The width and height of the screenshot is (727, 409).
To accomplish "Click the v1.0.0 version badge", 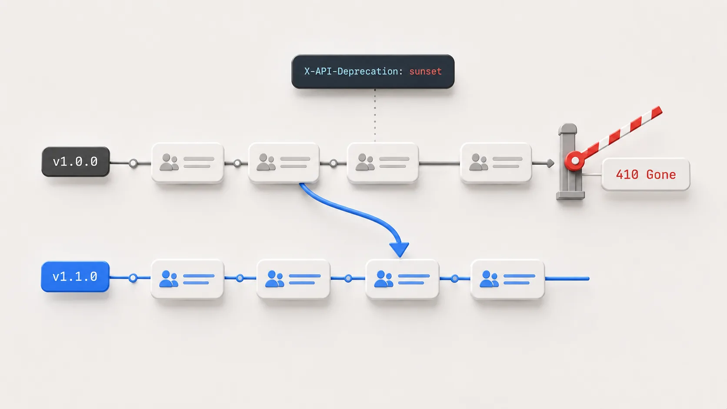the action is pyautogui.click(x=76, y=162).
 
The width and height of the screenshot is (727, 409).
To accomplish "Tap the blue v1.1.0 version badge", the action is pyautogui.click(x=75, y=276).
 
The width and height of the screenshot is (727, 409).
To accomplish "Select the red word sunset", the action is pyautogui.click(x=425, y=71).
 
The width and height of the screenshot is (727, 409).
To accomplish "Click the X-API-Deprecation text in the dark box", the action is pyautogui.click(x=353, y=71).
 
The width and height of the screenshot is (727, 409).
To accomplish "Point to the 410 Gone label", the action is pyautogui.click(x=646, y=174).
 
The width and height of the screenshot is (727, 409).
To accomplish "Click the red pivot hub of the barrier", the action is pyautogui.click(x=575, y=160).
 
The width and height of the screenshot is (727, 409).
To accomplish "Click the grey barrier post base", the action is pyautogui.click(x=570, y=195).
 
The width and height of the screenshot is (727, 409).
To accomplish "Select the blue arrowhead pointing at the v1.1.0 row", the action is pyautogui.click(x=399, y=249).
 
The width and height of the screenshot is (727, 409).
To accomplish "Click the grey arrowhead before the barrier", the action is pyautogui.click(x=550, y=163).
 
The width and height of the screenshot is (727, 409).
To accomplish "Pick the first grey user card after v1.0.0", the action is pyautogui.click(x=187, y=163).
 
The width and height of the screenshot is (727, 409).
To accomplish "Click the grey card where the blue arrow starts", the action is pyautogui.click(x=283, y=163).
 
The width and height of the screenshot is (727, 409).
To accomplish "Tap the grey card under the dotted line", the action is pyautogui.click(x=383, y=163).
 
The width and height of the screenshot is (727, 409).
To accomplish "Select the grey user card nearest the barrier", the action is pyautogui.click(x=496, y=163).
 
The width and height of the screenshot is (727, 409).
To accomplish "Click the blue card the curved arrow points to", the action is pyautogui.click(x=402, y=279).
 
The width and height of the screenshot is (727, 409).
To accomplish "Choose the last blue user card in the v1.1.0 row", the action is pyautogui.click(x=507, y=279).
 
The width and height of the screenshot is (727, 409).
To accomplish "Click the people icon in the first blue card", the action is pyautogui.click(x=168, y=279).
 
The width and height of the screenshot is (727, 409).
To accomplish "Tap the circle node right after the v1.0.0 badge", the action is pyautogui.click(x=133, y=163).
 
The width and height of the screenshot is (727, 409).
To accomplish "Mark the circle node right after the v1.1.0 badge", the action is pyautogui.click(x=133, y=278).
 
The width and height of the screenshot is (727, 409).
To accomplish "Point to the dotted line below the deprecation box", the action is pyautogui.click(x=375, y=116).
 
